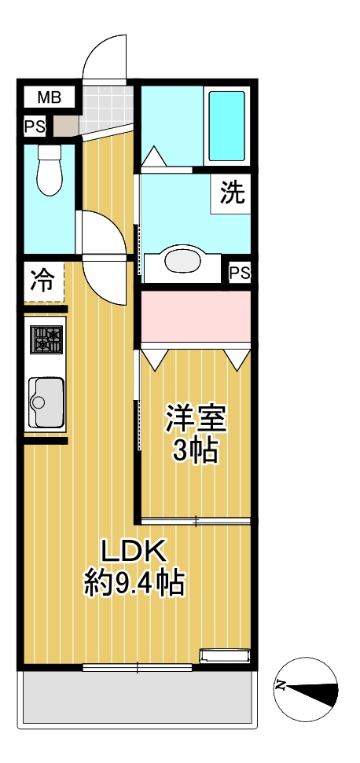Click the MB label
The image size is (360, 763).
tap(49, 98)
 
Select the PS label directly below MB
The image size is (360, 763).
tap(34, 126)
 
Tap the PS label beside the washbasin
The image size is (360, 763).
tap(240, 273)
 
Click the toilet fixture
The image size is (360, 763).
tap(50, 168)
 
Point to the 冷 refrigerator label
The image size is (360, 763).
tap(43, 279)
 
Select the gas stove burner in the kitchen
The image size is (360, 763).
tap(46, 340)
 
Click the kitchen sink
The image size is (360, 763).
tap(46, 402)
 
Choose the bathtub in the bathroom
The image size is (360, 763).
tap(226, 125)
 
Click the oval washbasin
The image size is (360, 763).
tap(183, 262)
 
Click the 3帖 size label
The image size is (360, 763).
tap(195, 451)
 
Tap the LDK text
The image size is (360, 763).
tap(134, 552)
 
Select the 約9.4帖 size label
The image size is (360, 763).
tap(134, 583)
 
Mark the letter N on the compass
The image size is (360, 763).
tap(280, 686)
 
